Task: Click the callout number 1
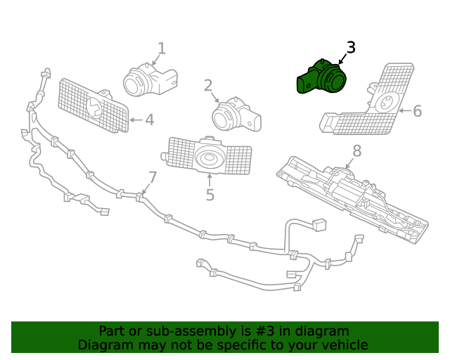click(162, 49)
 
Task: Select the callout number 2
click(208, 86)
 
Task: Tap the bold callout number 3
click(351, 48)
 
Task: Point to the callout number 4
click(149, 120)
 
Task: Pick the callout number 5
click(210, 195)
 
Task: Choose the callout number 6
click(417, 111)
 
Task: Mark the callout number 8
click(356, 150)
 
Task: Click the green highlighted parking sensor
click(322, 78)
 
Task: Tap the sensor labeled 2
click(236, 117)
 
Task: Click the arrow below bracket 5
click(210, 180)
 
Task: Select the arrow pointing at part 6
click(404, 111)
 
